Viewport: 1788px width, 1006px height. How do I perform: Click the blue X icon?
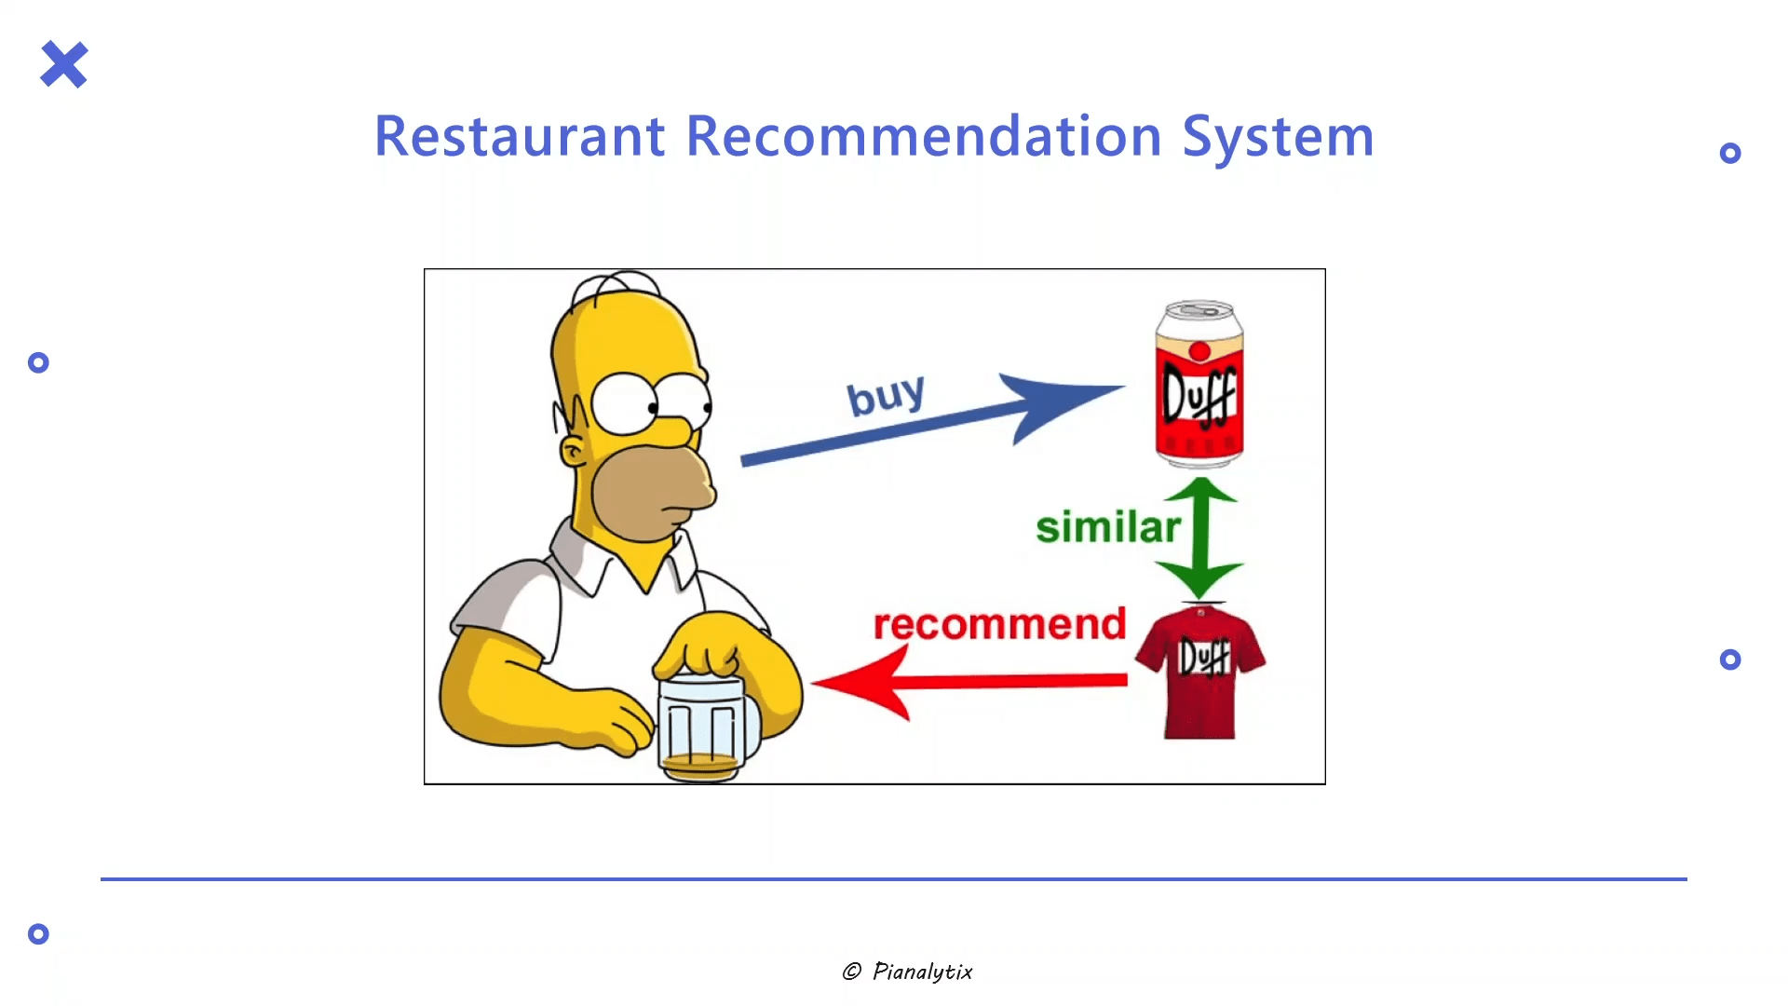click(64, 64)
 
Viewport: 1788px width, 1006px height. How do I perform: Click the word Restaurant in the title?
click(520, 136)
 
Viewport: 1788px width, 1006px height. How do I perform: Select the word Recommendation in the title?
click(924, 136)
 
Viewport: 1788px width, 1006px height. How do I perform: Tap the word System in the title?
click(1278, 138)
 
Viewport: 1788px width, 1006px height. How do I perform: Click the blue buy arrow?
click(931, 419)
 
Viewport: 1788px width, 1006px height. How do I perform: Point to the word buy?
click(886, 395)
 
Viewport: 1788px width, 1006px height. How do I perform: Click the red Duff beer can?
click(1199, 384)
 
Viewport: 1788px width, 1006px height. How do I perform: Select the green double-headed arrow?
click(1200, 538)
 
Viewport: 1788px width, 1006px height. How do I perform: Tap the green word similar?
click(1108, 527)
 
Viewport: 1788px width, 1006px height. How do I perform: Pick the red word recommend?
click(1000, 624)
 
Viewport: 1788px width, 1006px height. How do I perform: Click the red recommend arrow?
click(968, 682)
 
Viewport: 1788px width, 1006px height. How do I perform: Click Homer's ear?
click(573, 452)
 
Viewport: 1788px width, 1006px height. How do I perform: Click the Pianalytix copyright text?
click(907, 972)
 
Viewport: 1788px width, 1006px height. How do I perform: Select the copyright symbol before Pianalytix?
click(851, 972)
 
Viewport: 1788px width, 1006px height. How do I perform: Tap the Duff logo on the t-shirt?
click(1205, 658)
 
